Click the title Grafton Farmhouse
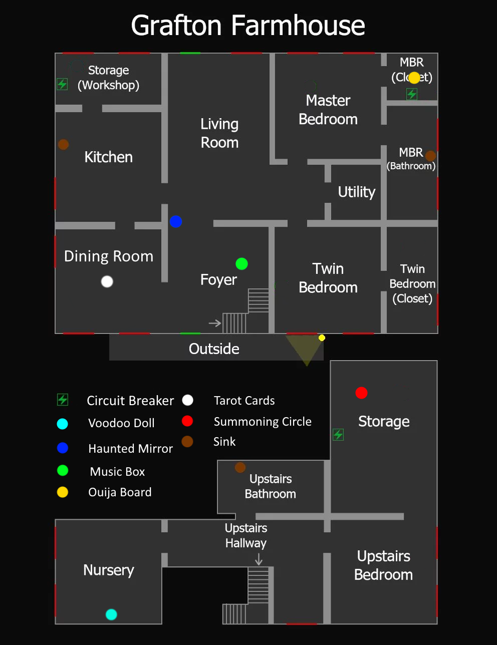point(248,26)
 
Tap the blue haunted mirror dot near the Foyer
point(176,221)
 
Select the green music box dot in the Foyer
point(241,263)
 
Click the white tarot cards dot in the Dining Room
point(107,281)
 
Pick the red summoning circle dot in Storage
point(361,393)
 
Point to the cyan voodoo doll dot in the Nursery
point(111,614)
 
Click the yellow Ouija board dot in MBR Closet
point(414,78)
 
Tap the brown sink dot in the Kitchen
point(63,144)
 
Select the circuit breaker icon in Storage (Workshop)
point(62,84)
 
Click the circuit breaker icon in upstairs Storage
point(338,435)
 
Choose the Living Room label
point(219,133)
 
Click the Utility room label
point(356,192)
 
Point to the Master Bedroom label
point(328,110)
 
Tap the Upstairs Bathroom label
point(271,486)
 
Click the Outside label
point(214,349)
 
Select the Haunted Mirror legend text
point(130,448)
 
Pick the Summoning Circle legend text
point(263,422)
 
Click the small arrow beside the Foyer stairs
point(215,323)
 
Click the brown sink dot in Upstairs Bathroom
point(240,467)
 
